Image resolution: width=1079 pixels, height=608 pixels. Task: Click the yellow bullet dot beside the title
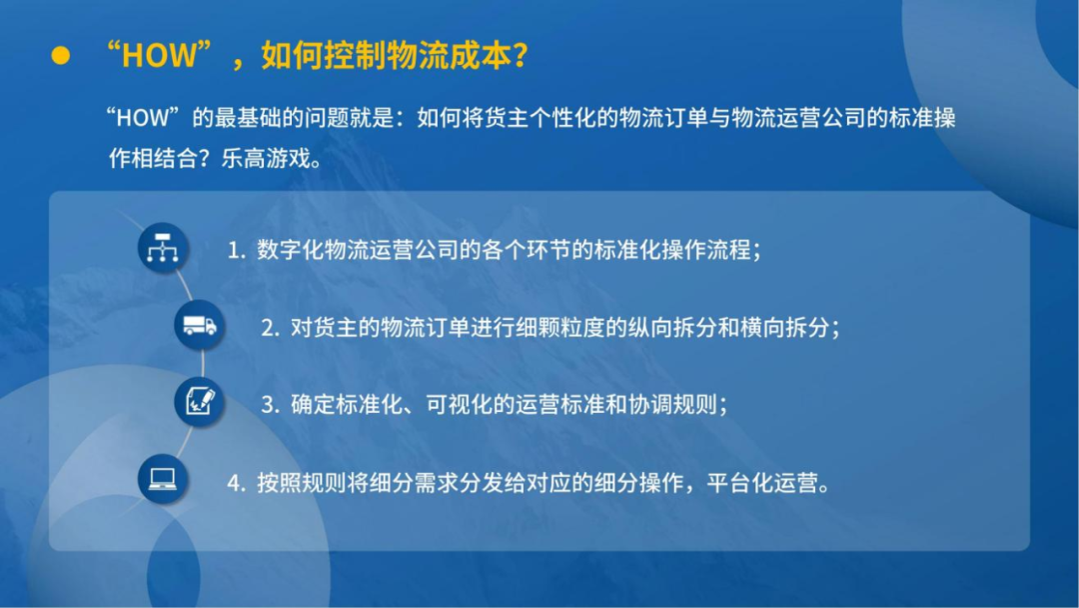point(61,56)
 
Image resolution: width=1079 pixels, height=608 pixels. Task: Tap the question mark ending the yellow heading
point(518,56)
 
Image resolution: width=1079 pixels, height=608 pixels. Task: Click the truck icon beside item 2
point(199,325)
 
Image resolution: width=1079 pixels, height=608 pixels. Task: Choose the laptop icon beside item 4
point(162,479)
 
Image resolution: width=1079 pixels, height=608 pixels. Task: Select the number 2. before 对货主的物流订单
point(270,328)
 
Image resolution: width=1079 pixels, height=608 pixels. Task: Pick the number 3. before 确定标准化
point(270,405)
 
